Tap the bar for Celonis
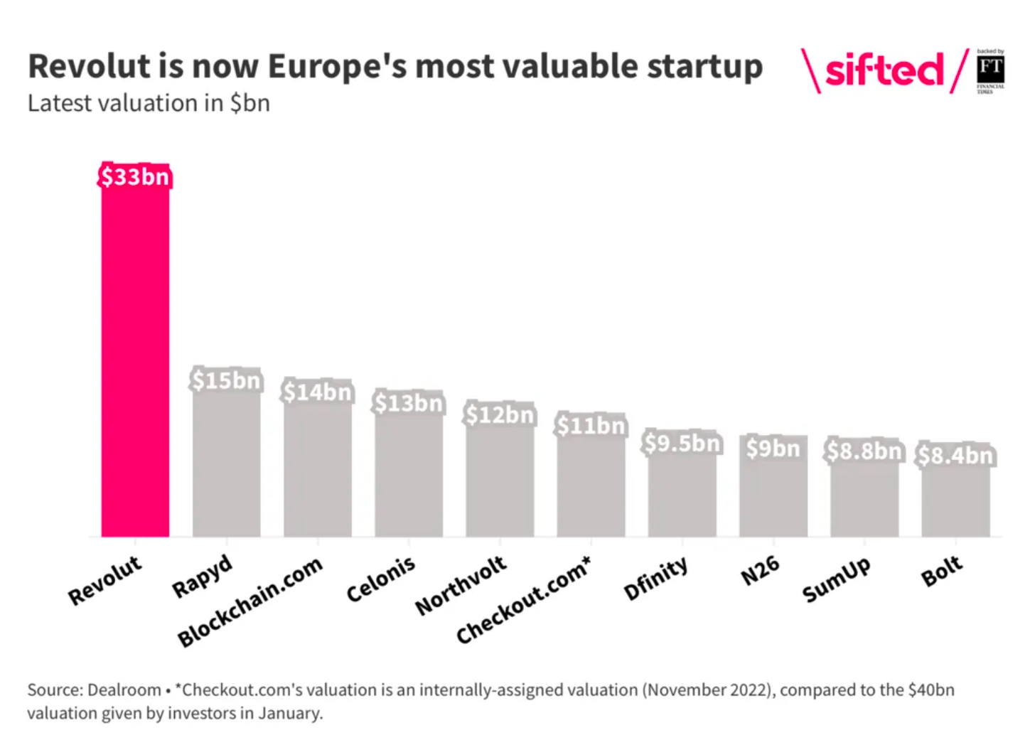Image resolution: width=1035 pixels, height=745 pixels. [409, 476]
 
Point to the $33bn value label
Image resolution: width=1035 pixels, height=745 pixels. [135, 176]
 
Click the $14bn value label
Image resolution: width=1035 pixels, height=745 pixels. [317, 392]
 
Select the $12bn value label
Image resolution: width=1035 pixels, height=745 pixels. [500, 414]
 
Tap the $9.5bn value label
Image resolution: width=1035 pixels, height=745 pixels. [682, 444]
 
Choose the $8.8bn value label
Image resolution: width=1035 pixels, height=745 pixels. [864, 451]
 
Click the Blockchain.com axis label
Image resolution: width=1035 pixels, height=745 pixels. [250, 601]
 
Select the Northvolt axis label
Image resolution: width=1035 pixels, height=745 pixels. [461, 585]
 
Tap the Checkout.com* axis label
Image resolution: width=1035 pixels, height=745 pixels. [523, 601]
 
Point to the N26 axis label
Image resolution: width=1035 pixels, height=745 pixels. [760, 571]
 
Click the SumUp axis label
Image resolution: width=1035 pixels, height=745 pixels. [836, 579]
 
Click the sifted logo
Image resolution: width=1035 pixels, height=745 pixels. [884, 70]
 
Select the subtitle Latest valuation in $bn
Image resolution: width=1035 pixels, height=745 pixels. [149, 104]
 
